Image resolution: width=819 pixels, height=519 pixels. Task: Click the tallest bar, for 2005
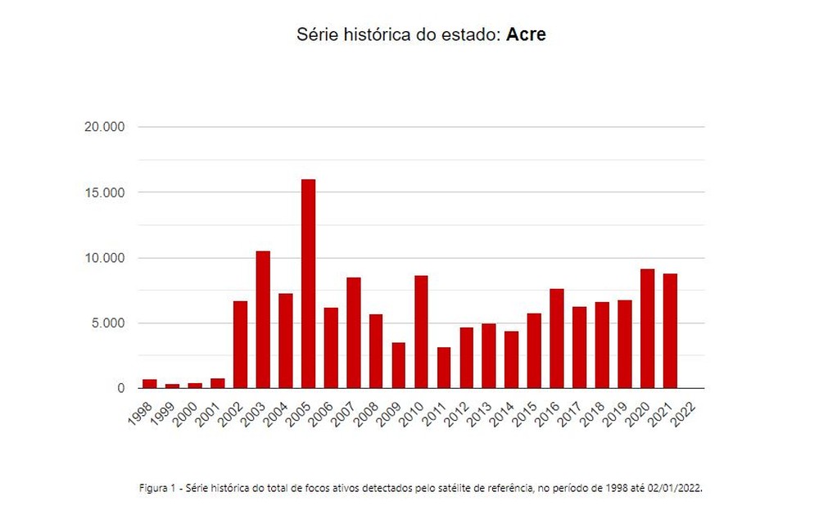click(x=308, y=283)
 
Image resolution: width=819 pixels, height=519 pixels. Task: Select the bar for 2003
click(x=263, y=319)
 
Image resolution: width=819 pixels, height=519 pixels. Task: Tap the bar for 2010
click(x=421, y=332)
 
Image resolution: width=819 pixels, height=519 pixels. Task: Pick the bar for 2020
click(x=647, y=328)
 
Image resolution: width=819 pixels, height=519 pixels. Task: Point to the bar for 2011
click(x=444, y=368)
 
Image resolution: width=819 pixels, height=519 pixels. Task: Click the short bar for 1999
click(x=172, y=386)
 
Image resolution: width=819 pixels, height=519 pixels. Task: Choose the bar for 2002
click(x=240, y=345)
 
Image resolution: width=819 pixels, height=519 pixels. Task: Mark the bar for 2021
click(x=670, y=331)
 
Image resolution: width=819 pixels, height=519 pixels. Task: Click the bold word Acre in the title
click(x=527, y=36)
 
